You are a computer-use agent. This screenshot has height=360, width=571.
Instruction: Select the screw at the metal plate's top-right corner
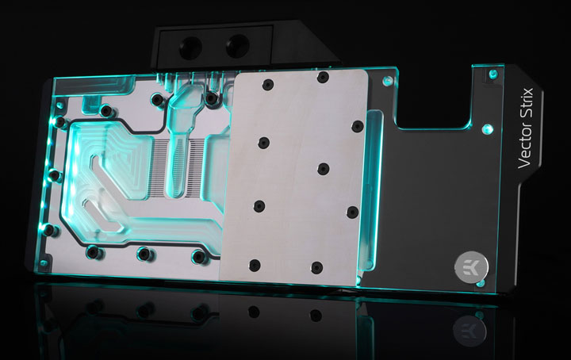tap(322, 77)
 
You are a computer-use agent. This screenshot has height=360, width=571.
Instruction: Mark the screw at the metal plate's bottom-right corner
tap(316, 266)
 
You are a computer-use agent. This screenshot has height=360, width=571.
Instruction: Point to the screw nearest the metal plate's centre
tap(323, 168)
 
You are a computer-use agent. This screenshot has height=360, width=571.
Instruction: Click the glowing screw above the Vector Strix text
tap(493, 74)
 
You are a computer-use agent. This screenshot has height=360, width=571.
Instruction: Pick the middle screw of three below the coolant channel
tap(144, 255)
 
